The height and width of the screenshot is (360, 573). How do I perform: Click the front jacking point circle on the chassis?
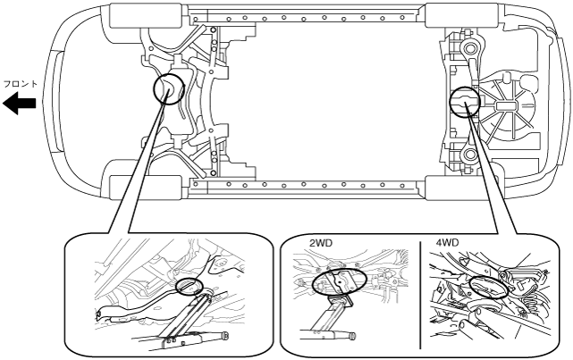168,89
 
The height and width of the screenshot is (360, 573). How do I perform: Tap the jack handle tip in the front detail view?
223,336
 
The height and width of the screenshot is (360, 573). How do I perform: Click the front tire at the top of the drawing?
139,17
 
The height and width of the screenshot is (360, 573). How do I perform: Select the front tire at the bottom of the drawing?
139,188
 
